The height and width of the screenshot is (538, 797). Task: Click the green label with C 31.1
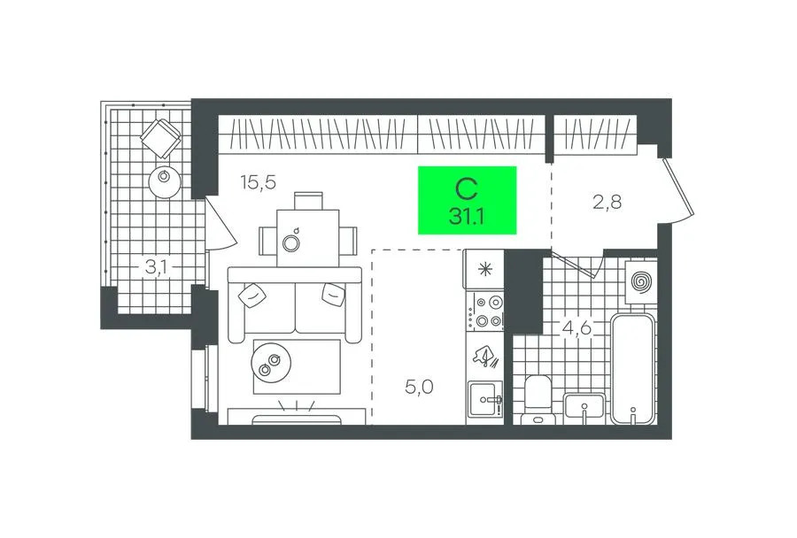pos(467,200)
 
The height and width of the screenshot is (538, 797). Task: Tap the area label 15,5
pos(259,181)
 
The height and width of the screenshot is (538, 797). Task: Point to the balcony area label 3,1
pos(156,267)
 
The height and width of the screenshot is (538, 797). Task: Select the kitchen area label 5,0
pos(420,388)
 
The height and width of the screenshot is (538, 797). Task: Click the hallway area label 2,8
pos(607,203)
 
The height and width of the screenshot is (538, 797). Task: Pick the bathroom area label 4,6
pos(576,327)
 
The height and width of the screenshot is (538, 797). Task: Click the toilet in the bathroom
pos(538,399)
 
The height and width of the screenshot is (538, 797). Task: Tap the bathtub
pos(631,369)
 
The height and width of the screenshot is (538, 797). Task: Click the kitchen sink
pos(485,400)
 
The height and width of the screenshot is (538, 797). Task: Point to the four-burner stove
pos(486,311)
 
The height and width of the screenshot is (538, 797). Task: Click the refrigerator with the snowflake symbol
pos(484,269)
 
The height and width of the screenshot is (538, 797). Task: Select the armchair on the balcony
pos(161,137)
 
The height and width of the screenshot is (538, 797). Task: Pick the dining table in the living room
pos(307,238)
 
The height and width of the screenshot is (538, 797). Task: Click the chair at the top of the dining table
pos(308,200)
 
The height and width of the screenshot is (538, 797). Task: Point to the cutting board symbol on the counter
pos(486,356)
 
